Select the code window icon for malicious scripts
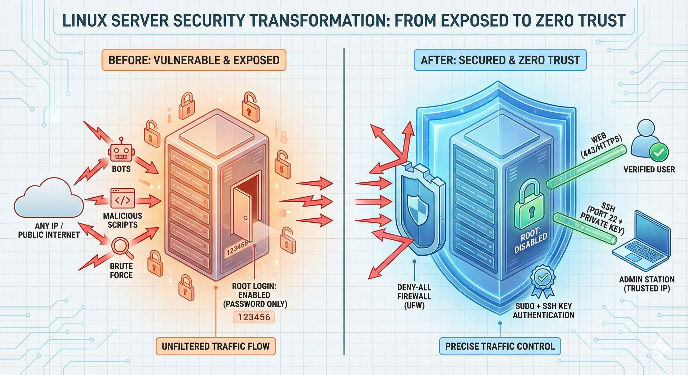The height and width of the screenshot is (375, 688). (x=122, y=198)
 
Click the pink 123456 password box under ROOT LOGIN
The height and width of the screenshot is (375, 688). (x=254, y=317)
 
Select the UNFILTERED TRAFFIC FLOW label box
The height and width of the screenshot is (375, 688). (x=215, y=346)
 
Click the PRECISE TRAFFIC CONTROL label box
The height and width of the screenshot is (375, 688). (x=500, y=346)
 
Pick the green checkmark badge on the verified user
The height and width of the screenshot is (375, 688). (x=659, y=152)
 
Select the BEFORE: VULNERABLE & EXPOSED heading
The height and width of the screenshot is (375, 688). (x=194, y=60)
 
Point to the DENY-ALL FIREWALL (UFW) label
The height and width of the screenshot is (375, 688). (x=414, y=296)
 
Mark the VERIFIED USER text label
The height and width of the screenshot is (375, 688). (x=649, y=169)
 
